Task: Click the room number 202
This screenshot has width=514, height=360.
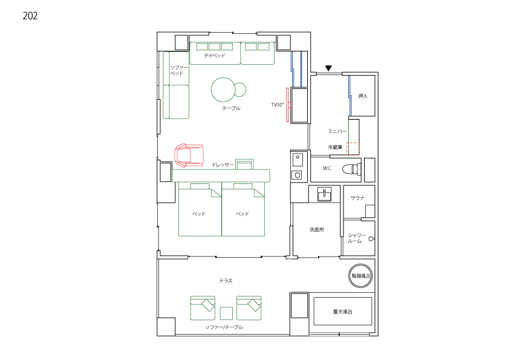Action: point(30,16)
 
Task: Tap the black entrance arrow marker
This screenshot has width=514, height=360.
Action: point(328,68)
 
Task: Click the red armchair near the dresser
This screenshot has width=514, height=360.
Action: point(189,155)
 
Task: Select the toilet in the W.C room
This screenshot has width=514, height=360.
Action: point(352,169)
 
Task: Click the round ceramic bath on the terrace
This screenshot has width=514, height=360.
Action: point(360,276)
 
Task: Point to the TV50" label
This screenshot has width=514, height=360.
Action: point(278,105)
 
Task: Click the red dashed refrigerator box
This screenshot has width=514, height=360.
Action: point(353,148)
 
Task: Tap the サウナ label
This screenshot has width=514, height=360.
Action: point(357,198)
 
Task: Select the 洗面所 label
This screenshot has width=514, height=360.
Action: point(317,229)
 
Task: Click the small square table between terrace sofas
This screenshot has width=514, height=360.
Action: point(226,313)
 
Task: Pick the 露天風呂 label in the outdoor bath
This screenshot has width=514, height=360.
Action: point(342,312)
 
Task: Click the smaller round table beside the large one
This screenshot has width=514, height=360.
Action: point(240,90)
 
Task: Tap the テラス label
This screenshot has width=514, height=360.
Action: point(226,281)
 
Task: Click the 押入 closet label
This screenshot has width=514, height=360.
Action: point(363,96)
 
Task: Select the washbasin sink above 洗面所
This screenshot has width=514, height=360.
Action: point(324,194)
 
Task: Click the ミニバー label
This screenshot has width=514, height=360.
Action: point(337,131)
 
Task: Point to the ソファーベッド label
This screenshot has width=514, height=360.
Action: point(179,71)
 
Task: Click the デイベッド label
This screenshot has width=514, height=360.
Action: point(215,56)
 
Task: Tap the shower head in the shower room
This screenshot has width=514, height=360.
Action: point(372,238)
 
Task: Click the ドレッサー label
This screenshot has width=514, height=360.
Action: point(223,165)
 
